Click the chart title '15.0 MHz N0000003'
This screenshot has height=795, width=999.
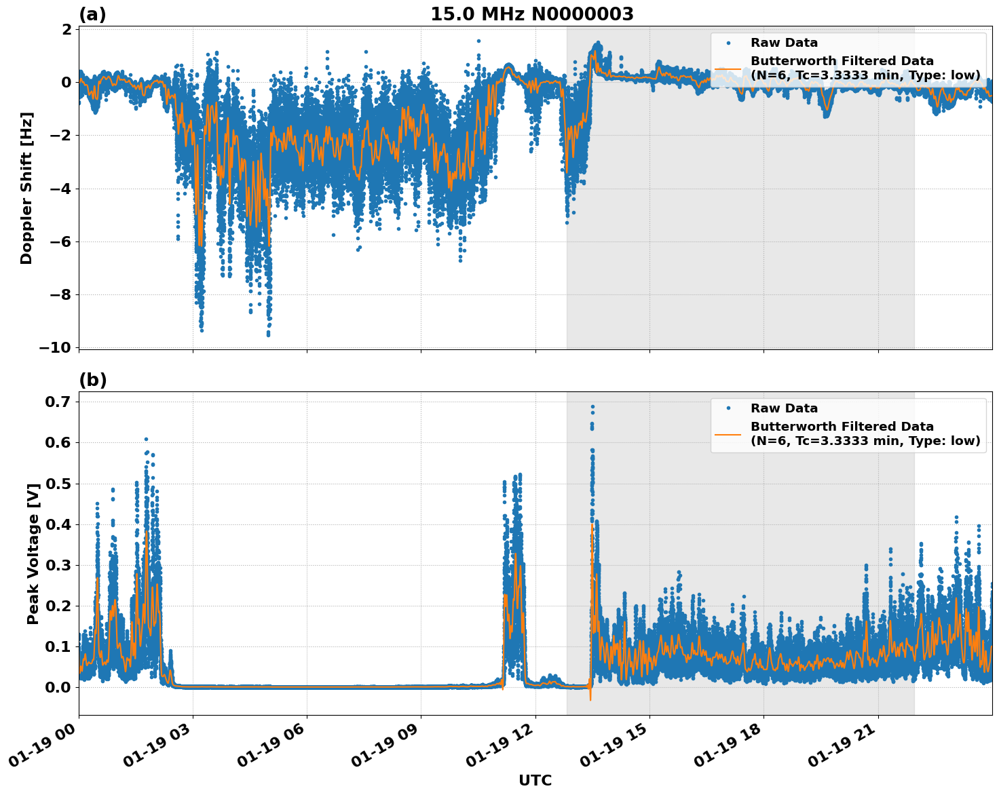[x=532, y=14]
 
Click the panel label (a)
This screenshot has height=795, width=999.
[x=92, y=14]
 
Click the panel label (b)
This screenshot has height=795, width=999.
[x=93, y=380]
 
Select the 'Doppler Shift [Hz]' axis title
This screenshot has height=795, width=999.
[x=26, y=188]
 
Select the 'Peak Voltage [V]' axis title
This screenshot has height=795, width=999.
[x=33, y=553]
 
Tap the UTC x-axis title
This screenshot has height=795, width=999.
[x=535, y=780]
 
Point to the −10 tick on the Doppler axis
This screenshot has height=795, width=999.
[x=55, y=347]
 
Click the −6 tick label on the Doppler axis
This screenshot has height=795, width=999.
[x=60, y=241]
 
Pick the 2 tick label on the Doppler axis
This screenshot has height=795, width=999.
[x=67, y=29]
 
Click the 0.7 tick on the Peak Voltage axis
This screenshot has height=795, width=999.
[x=58, y=402]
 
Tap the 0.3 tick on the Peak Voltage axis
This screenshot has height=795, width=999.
[x=58, y=565]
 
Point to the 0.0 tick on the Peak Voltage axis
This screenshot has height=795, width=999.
[x=58, y=687]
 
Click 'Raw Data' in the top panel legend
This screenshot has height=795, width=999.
[x=784, y=43]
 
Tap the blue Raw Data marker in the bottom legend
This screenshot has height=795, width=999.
[x=728, y=408]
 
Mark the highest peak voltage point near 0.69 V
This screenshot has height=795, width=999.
[x=592, y=407]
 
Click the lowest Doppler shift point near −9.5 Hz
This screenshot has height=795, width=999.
[x=268, y=334]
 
